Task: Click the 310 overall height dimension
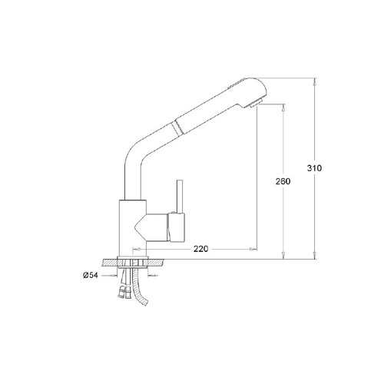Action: pyautogui.click(x=314, y=168)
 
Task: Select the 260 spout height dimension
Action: pyautogui.click(x=283, y=181)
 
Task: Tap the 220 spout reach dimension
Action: pyautogui.click(x=200, y=249)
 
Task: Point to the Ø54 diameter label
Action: pyautogui.click(x=91, y=276)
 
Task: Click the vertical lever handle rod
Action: pyautogui.click(x=180, y=197)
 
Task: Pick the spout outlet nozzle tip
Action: pyautogui.click(x=255, y=104)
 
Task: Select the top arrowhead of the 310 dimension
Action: pyautogui.click(x=315, y=82)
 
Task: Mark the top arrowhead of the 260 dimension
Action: pyautogui.click(x=283, y=108)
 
